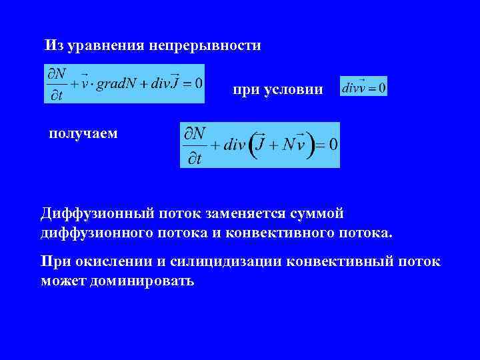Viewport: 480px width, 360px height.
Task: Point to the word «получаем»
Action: click(x=83, y=133)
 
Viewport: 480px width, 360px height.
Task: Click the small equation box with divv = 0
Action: click(x=363, y=87)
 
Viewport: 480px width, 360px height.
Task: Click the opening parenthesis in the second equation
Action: click(x=253, y=145)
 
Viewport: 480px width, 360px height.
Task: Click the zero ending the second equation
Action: click(x=333, y=145)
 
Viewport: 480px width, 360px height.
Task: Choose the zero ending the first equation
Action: click(x=197, y=83)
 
